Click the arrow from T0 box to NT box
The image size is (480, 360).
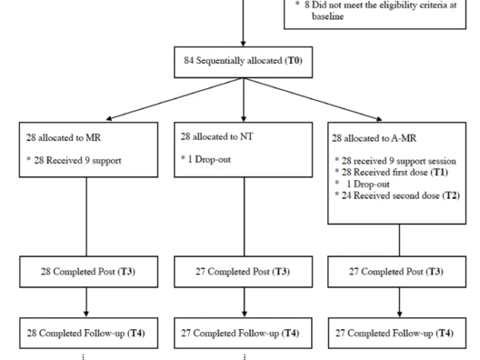(x=243, y=109)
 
